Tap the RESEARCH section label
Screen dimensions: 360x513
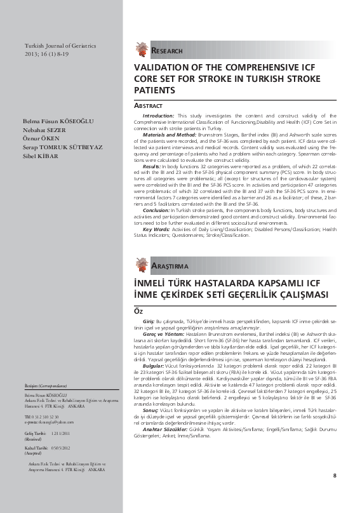[169, 51]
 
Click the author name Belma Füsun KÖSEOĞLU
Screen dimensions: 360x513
[56, 120]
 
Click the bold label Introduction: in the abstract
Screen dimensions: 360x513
[159, 116]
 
